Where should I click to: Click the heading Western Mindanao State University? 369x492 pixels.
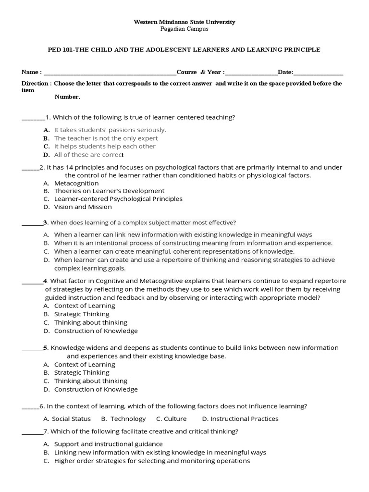184,22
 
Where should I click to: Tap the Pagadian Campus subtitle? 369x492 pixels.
184,29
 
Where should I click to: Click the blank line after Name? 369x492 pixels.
110,73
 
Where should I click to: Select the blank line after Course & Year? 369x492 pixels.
251,73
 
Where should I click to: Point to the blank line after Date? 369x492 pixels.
318,73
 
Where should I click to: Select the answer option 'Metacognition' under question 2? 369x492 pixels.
76,183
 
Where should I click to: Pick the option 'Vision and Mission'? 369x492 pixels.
83,207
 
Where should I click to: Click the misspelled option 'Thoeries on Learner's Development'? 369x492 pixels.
109,191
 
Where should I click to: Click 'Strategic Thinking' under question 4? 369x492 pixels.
82,314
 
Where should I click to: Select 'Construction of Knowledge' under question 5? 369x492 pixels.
96,389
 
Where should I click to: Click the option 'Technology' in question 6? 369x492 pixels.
128,418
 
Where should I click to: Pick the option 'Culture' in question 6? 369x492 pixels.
175,418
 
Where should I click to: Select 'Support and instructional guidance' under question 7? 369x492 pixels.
108,444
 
